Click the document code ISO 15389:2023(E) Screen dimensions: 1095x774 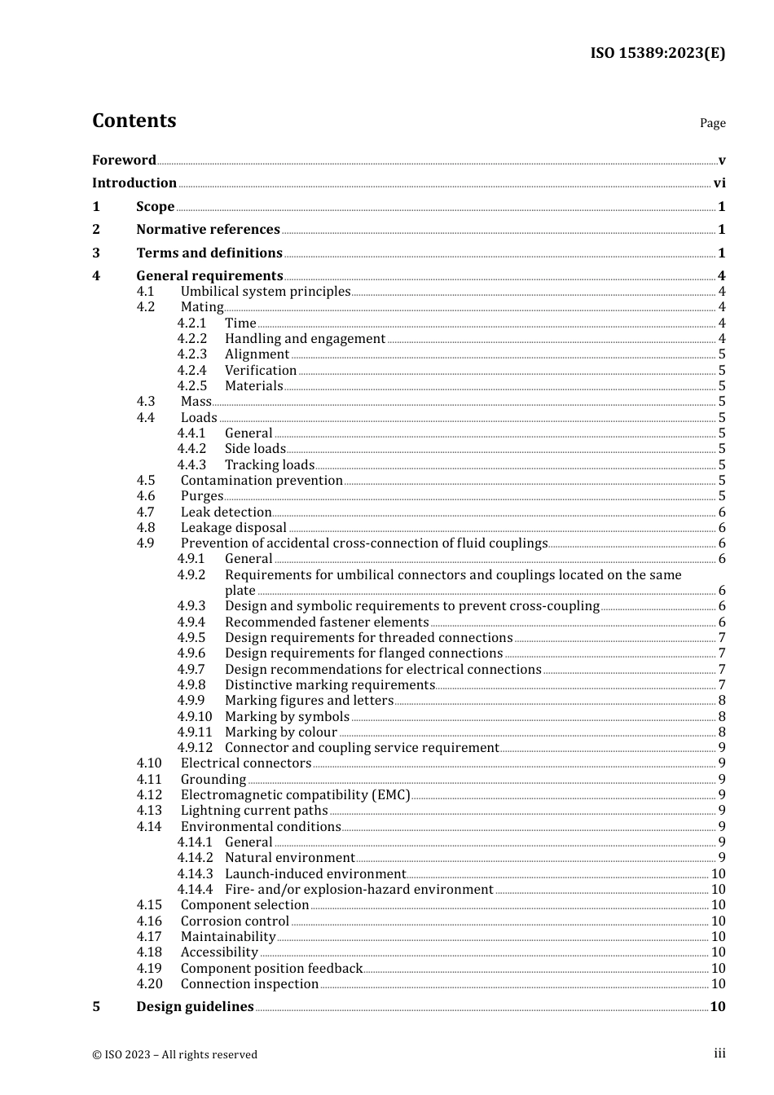click(x=657, y=53)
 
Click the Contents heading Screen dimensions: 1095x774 click(x=134, y=121)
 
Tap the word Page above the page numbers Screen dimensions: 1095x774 click(x=712, y=123)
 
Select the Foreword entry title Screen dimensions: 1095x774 click(x=124, y=160)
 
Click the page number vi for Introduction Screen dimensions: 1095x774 click(x=719, y=183)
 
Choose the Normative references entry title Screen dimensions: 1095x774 click(x=208, y=230)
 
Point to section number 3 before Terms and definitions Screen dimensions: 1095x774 click(x=96, y=253)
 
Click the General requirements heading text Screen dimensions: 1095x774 click(x=209, y=276)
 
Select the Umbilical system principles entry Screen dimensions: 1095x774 click(x=266, y=292)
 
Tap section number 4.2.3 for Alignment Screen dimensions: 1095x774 click(x=192, y=354)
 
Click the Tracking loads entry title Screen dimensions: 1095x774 click(x=270, y=465)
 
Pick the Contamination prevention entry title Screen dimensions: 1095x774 click(x=262, y=481)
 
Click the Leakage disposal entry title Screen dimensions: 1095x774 click(x=234, y=528)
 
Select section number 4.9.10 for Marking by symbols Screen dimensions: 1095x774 click(x=195, y=717)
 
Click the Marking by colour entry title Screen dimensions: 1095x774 click(x=281, y=732)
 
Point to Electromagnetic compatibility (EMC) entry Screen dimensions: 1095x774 click(x=295, y=795)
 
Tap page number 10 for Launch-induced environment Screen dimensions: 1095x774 click(x=718, y=874)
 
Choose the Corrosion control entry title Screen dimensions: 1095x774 click(x=235, y=921)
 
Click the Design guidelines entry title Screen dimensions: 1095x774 click(x=195, y=1007)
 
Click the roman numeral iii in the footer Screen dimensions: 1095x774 click(x=719, y=1053)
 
